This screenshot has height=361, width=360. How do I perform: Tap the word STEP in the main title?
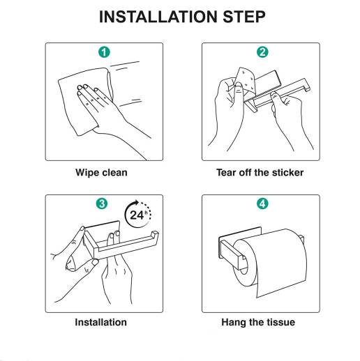tap(241, 17)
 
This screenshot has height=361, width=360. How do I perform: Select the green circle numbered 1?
tap(104, 52)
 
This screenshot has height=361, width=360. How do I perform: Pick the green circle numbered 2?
tap(260, 52)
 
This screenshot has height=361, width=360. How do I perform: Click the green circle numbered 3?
tap(104, 203)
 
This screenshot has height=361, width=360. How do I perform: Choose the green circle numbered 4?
tap(260, 203)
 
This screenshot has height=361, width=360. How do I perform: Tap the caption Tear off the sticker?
tap(260, 172)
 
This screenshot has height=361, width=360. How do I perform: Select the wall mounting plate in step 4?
tap(225, 252)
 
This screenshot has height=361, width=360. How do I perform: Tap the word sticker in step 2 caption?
tap(285, 172)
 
